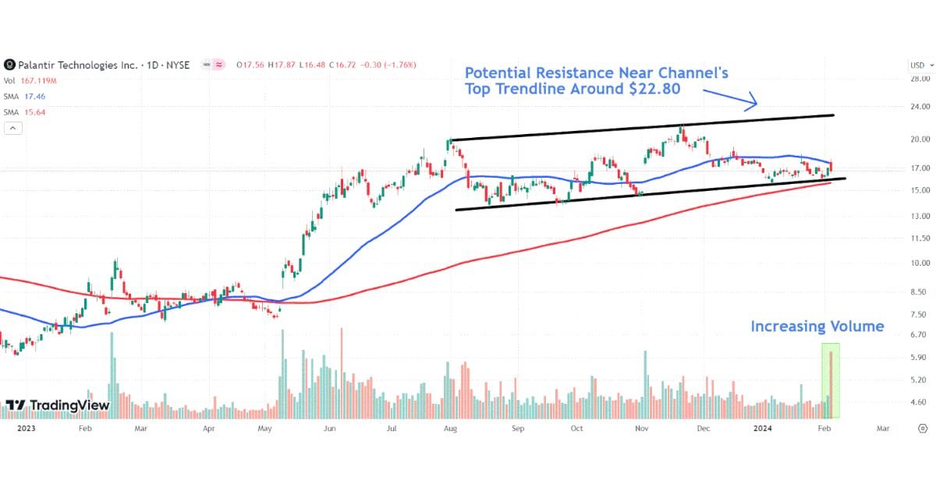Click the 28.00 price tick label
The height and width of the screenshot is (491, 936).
920,79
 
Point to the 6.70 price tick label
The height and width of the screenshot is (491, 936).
920,334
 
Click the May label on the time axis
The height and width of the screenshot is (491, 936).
264,429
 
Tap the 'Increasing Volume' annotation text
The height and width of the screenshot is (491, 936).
817,327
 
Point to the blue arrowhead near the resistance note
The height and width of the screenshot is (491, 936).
753,101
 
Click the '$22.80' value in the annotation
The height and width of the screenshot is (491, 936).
654,89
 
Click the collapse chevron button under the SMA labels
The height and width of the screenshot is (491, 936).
12,128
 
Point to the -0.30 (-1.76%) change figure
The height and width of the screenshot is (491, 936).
388,65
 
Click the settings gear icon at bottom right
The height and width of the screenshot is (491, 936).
922,429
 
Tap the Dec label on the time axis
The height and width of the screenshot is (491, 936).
703,429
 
